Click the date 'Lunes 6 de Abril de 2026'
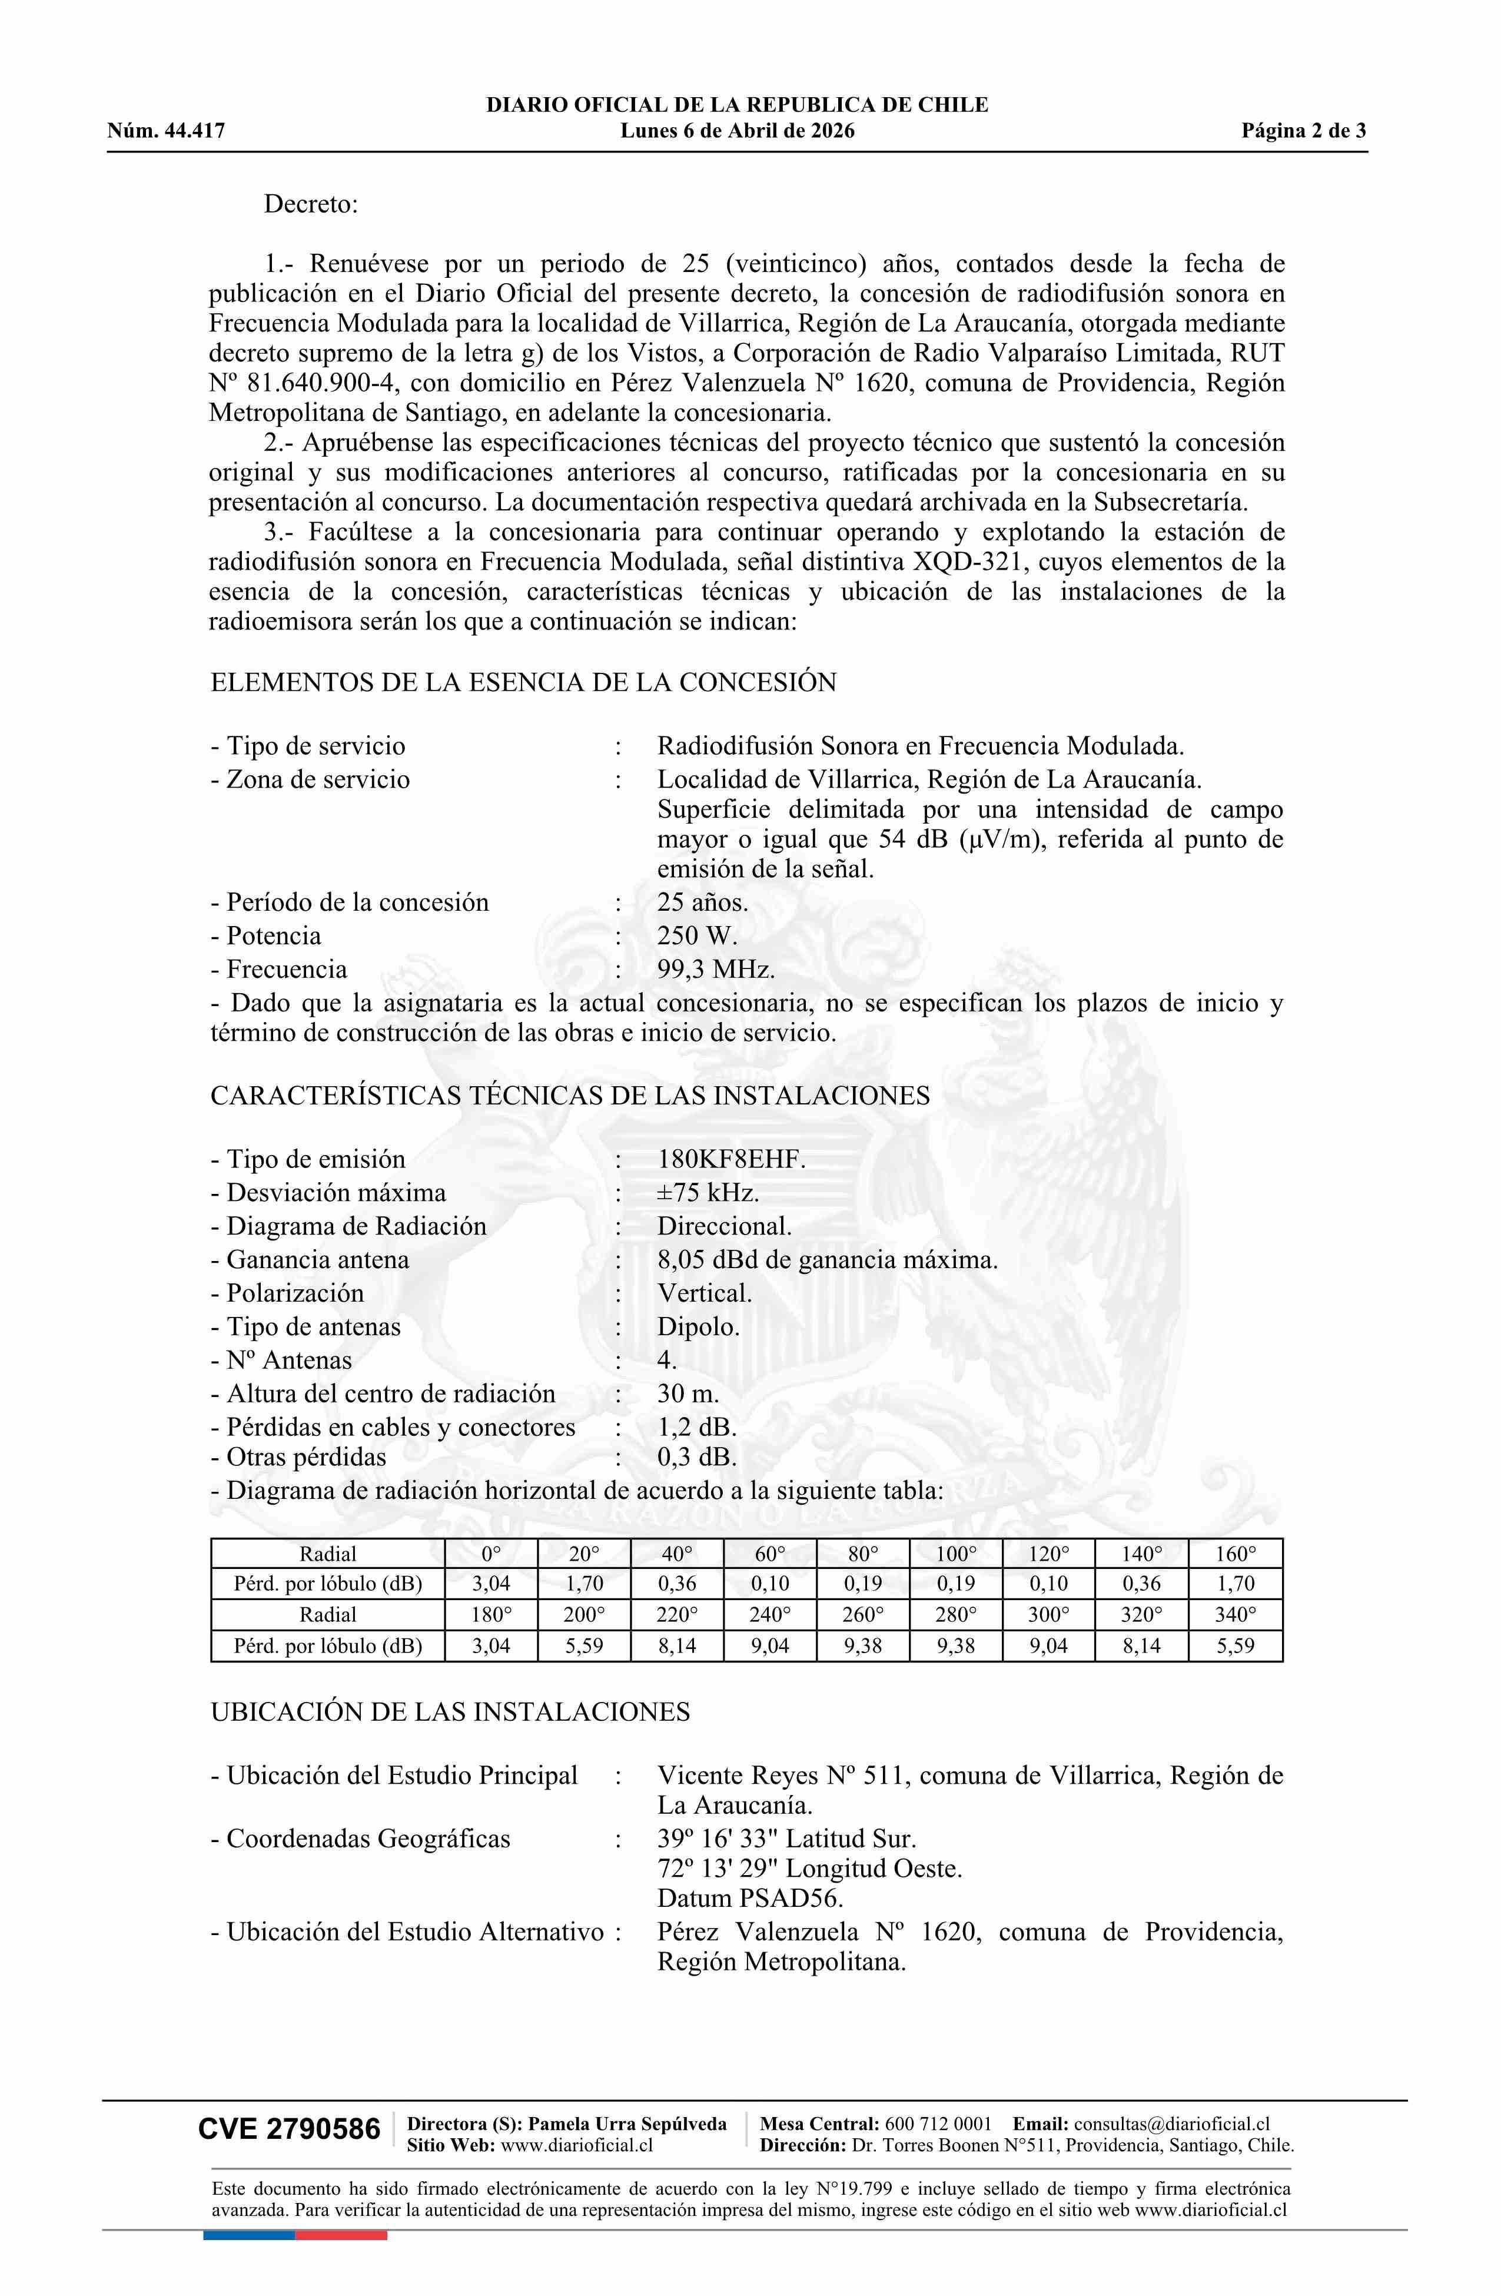(737, 131)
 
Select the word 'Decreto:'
(311, 204)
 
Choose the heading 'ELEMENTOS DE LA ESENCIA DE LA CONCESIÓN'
(523, 682)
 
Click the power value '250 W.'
(696, 935)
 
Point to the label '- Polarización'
(287, 1293)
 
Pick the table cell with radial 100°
(955, 1554)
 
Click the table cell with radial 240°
(769, 1615)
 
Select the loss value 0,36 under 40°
(676, 1584)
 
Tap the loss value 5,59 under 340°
(1235, 1646)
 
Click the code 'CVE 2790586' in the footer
(290, 2130)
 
